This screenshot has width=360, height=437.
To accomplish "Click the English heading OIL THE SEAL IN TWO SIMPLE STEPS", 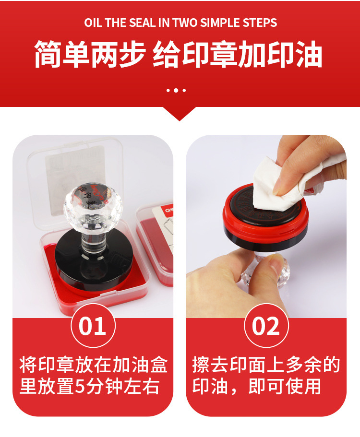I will [180, 23].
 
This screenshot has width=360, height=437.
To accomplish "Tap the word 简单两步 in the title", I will [89, 55].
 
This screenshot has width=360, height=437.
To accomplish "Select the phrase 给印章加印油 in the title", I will [237, 55].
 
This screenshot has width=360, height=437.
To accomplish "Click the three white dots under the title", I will [176, 90].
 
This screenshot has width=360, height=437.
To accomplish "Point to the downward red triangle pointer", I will [180, 114].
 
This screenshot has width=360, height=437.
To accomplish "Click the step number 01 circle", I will [93, 327].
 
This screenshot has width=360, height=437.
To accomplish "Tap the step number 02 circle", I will [266, 327].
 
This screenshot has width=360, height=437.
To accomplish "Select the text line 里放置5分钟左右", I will [89, 387].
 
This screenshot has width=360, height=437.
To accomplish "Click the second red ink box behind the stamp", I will [156, 240].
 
